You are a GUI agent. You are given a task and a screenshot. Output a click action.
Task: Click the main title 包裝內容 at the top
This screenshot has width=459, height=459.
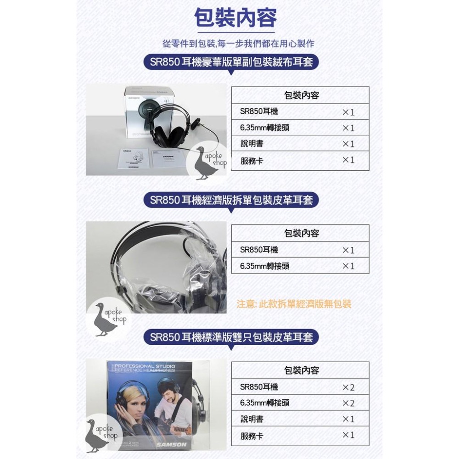click(x=235, y=19)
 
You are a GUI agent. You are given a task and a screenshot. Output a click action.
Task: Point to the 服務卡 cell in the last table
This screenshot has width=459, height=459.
click(x=252, y=436)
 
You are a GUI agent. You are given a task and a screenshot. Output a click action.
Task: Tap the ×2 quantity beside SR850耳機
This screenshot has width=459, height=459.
click(x=348, y=387)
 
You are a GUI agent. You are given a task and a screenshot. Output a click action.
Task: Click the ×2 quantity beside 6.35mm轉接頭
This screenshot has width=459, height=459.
click(x=348, y=403)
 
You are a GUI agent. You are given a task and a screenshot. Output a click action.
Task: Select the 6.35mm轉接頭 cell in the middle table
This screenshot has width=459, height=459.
click(x=264, y=266)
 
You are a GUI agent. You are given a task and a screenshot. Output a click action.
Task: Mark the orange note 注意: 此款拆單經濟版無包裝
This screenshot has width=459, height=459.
click(x=294, y=304)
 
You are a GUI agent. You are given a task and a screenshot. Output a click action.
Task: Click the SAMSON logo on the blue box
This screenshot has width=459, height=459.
click(x=171, y=444)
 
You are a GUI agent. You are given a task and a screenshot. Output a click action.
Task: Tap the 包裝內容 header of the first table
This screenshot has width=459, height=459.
click(x=301, y=95)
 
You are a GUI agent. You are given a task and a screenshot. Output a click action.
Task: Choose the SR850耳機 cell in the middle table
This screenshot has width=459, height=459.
click(x=259, y=250)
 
